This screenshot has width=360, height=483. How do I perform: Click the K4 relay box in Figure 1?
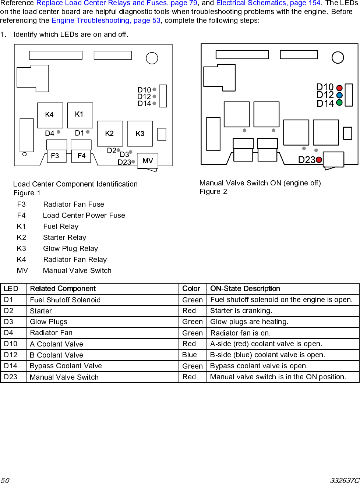pos(50,115)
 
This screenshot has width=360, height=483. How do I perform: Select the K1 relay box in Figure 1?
pos(80,115)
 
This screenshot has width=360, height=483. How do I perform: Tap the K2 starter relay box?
pos(110,134)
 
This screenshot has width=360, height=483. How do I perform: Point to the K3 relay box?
pos(140,134)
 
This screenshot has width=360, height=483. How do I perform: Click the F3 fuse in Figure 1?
pos(56,156)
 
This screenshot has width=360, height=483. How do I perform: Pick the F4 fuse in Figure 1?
pos(81,156)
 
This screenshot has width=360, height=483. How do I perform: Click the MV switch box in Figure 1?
pos(148,161)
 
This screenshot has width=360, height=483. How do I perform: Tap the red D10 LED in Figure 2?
pos(339,88)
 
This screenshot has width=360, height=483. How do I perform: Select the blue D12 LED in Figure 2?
pos(339,95)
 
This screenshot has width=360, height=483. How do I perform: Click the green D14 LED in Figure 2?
pos(339,103)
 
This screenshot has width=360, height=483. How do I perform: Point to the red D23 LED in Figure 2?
pos(319,160)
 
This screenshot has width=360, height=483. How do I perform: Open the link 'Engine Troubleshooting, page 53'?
pos(106,21)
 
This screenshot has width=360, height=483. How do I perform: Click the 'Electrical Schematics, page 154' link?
pos(268,3)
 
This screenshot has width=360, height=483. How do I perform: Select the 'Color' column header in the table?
pos(191,289)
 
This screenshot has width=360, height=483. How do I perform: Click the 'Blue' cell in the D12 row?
pos(190,355)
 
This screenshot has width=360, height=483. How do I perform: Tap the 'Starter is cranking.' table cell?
pos(241,311)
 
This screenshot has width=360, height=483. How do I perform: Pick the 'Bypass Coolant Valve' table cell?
pos(66,366)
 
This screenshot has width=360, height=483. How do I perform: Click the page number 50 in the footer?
pos(5,480)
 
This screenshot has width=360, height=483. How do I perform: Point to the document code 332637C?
pos(345,480)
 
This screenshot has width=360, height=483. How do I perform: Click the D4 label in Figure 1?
pos(49,134)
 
